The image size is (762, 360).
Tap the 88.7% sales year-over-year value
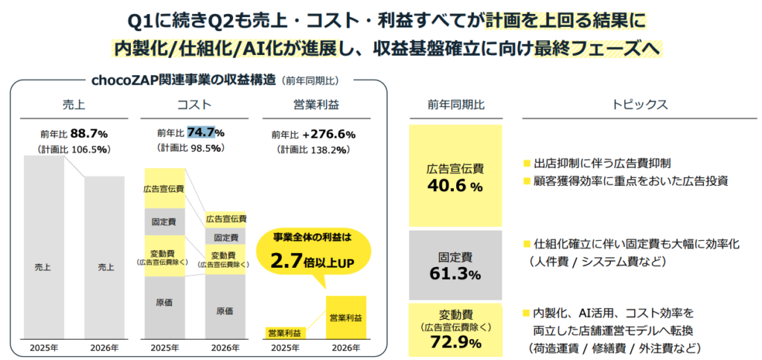(x=89, y=134)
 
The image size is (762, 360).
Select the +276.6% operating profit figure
(x=329, y=135)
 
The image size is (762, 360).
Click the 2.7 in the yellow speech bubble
(x=290, y=261)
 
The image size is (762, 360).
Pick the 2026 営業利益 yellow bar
(x=346, y=318)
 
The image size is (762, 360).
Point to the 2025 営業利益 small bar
(x=285, y=332)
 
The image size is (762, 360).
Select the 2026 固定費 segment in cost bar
(x=226, y=237)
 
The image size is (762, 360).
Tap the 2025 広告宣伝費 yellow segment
(x=164, y=188)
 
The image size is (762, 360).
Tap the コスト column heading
(x=196, y=104)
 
